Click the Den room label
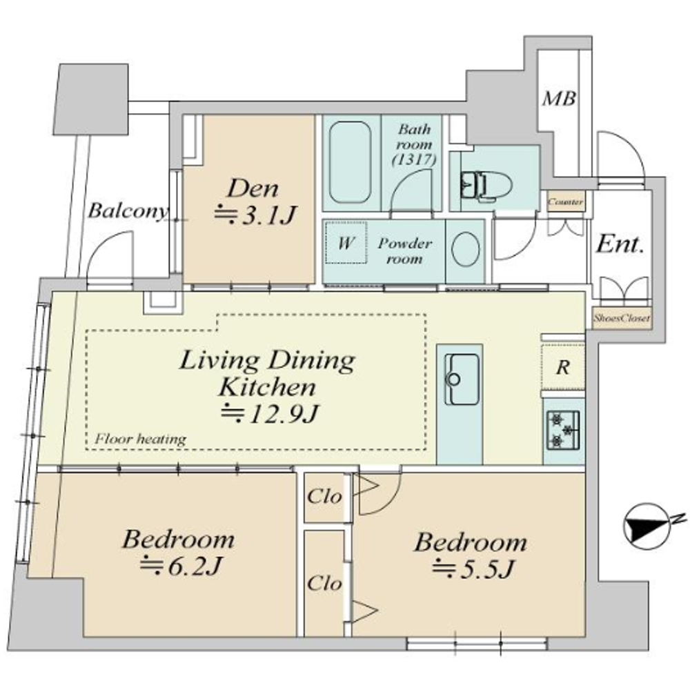[x=253, y=188]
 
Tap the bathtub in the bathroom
[x=350, y=162]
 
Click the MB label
[x=559, y=98]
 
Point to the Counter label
[x=566, y=202]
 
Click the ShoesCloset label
[x=621, y=317]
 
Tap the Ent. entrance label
[x=620, y=244]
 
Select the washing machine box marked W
[x=346, y=242]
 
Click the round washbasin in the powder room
[x=466, y=249]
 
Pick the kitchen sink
[x=462, y=379]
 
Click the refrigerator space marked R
[x=563, y=367]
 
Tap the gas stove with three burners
[x=563, y=430]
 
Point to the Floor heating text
[x=140, y=439]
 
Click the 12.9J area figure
[x=270, y=413]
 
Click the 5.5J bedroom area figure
[x=473, y=569]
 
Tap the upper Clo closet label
[x=324, y=497]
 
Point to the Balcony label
[x=128, y=210]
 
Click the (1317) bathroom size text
[x=414, y=159]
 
